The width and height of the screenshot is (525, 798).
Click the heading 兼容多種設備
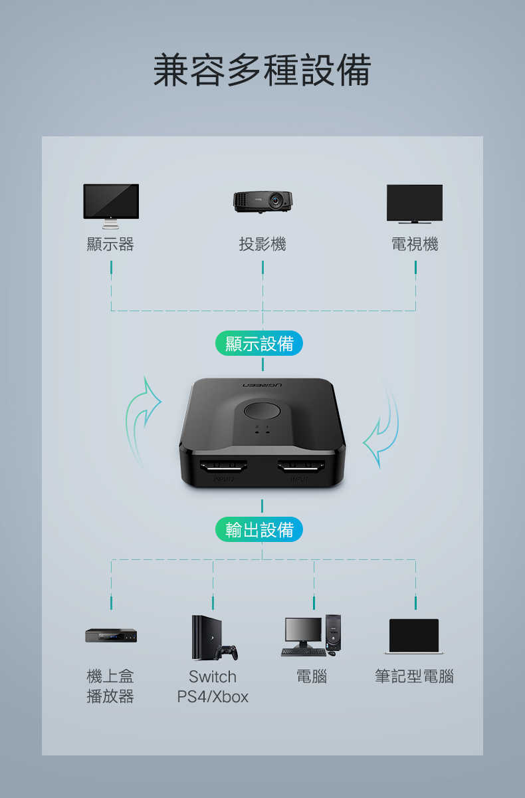click(262, 70)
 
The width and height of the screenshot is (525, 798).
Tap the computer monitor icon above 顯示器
click(111, 206)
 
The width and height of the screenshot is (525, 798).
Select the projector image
click(262, 201)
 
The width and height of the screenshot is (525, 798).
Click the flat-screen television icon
click(415, 203)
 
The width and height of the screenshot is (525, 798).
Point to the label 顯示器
click(110, 245)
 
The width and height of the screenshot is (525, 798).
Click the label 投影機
click(262, 245)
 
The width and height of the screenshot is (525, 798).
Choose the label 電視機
click(415, 245)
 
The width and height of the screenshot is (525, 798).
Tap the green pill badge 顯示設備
click(259, 343)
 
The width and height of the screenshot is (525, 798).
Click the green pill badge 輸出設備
click(259, 529)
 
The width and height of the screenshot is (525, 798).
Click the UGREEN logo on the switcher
click(262, 386)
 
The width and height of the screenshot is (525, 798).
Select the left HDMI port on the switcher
click(223, 466)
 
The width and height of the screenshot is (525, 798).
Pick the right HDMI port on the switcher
click(301, 466)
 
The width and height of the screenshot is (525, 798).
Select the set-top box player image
click(111, 636)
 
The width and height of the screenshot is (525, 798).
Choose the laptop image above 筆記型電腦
click(414, 636)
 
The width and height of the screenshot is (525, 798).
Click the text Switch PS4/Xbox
click(213, 686)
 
